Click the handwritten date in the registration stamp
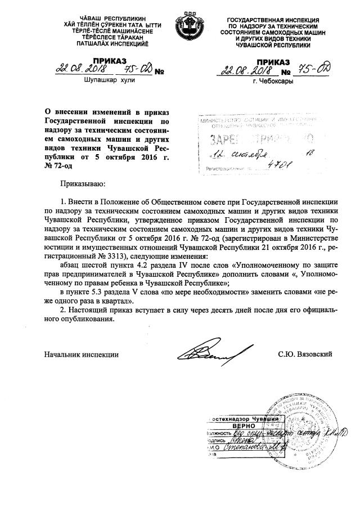pyautogui.click(x=247, y=154)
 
